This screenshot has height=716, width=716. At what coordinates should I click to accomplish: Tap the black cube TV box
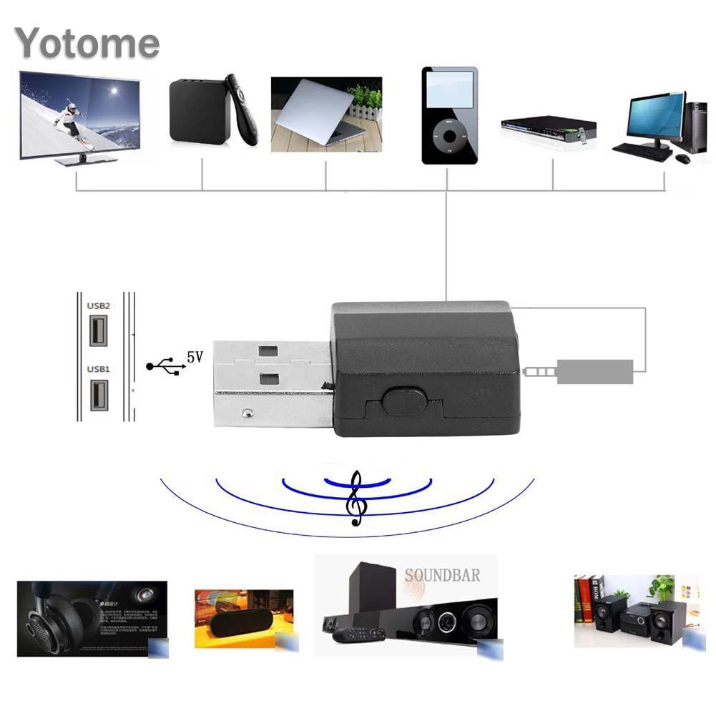199,112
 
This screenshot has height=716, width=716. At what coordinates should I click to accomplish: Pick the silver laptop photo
325,114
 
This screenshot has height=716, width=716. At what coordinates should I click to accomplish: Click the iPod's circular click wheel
449,135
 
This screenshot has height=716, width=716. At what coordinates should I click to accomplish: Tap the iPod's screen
449,89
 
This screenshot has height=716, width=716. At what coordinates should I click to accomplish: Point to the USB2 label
98,305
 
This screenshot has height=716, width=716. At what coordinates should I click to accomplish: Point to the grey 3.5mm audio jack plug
579,371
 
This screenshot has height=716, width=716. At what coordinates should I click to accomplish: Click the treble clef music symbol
355,501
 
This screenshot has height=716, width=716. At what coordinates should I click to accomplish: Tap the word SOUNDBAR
442,574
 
